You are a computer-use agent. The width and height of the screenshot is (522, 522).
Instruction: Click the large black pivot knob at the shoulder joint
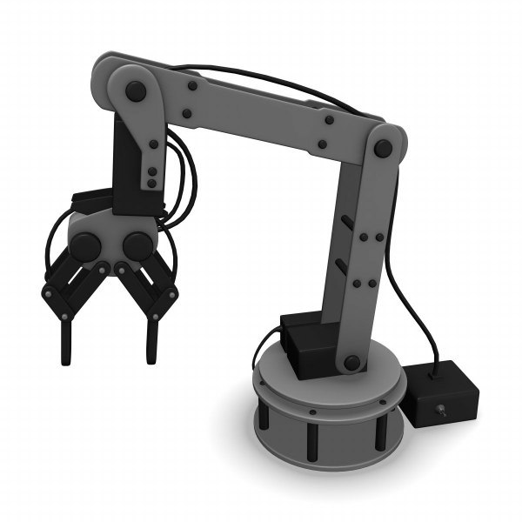pos(137,90)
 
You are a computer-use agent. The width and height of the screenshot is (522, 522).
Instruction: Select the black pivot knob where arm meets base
pos(351,362)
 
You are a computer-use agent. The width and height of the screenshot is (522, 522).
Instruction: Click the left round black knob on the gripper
pos(85,246)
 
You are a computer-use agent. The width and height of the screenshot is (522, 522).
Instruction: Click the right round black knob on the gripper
pos(136,246)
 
